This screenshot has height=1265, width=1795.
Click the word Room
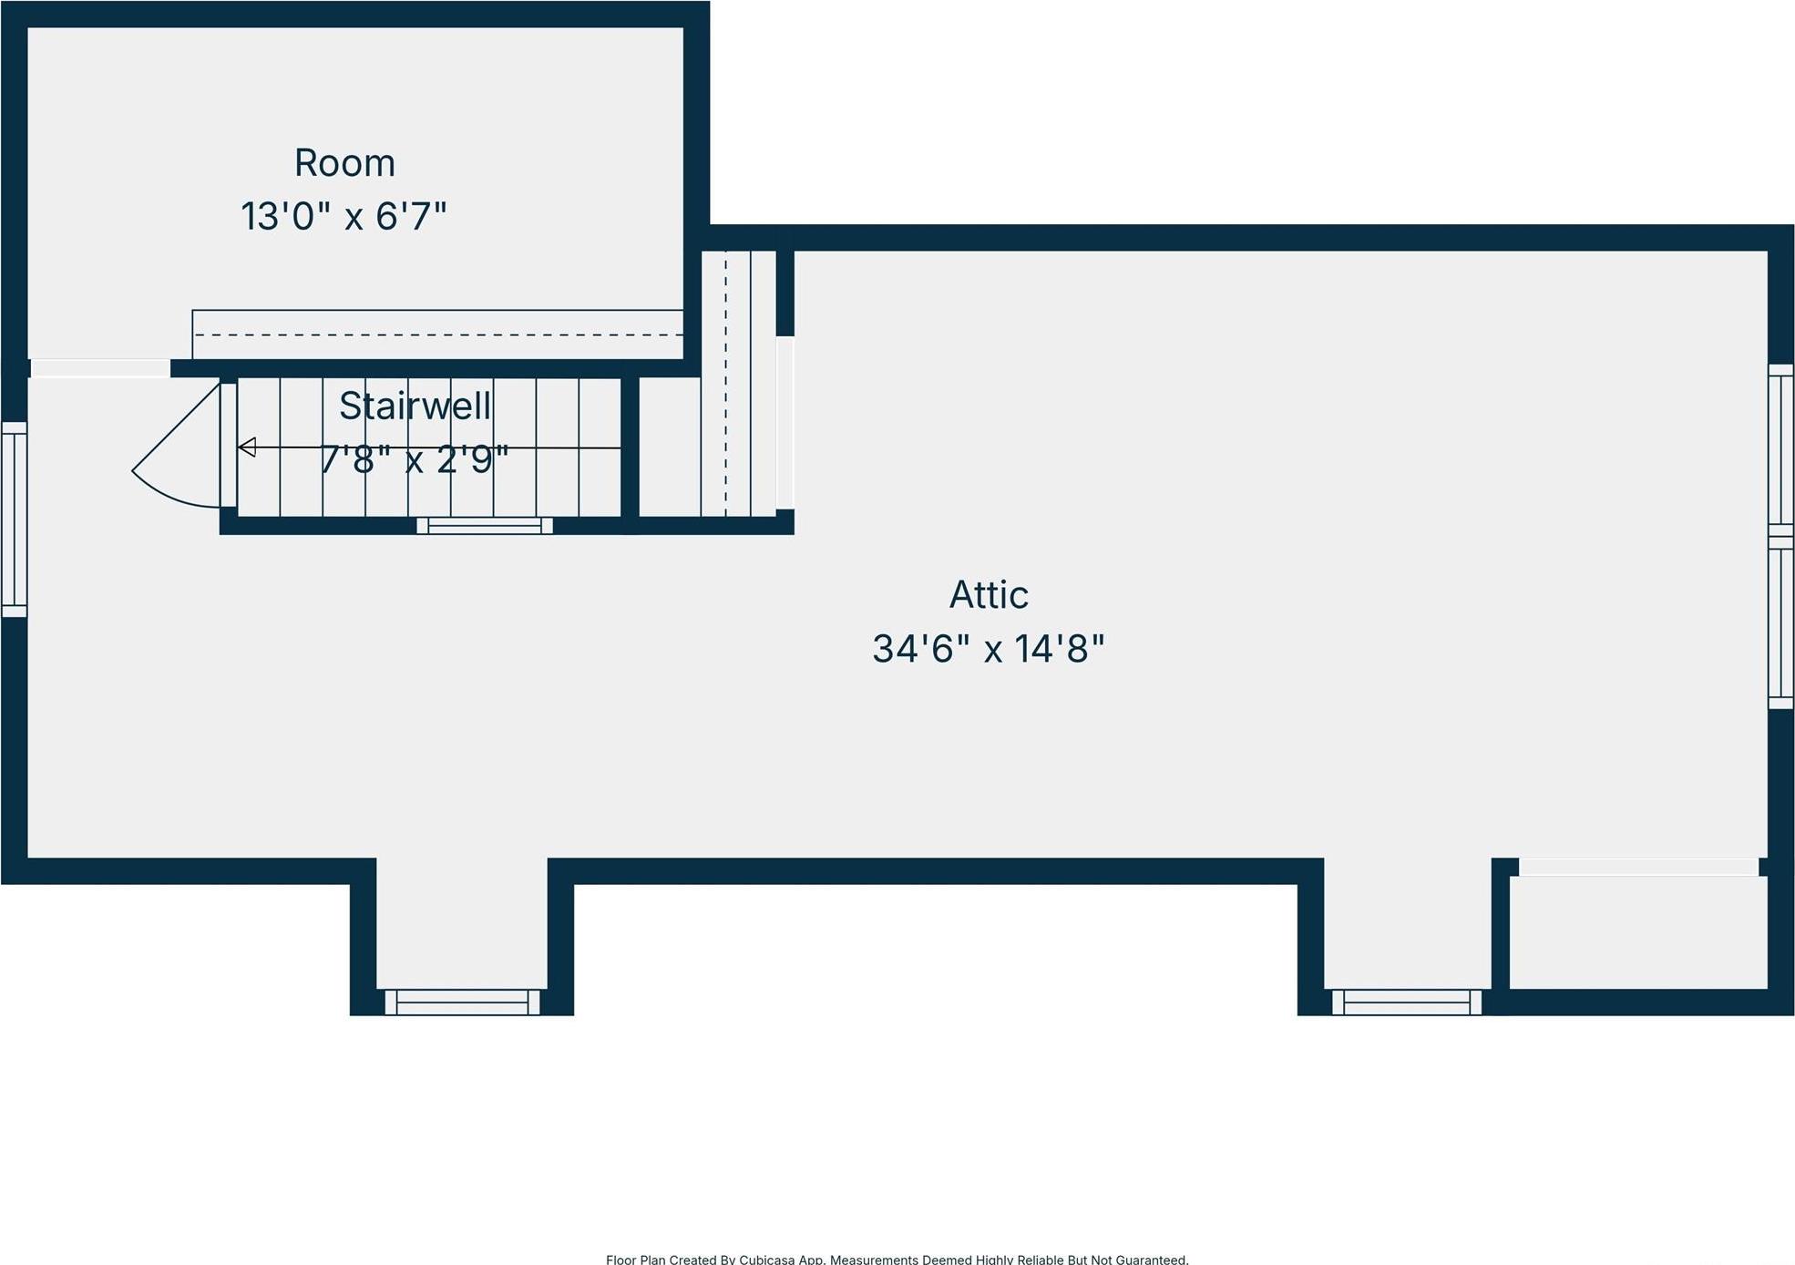(x=344, y=164)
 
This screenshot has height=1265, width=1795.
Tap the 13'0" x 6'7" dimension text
(x=344, y=217)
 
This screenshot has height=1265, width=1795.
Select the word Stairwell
(x=415, y=406)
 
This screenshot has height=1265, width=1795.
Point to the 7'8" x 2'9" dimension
(x=414, y=459)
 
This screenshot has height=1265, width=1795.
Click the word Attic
(x=989, y=595)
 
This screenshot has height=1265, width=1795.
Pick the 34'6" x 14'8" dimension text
(x=989, y=649)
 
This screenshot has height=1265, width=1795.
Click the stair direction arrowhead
(x=247, y=447)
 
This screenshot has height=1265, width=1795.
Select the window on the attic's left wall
(x=15, y=519)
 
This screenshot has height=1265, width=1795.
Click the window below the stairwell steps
(x=485, y=526)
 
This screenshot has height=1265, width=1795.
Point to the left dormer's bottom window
(x=462, y=1003)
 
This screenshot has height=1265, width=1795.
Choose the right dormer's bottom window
(x=1407, y=1003)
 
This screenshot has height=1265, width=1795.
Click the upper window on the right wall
(x=1780, y=448)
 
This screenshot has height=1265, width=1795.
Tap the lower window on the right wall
(x=1780, y=623)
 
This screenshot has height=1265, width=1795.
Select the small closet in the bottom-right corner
(x=1638, y=931)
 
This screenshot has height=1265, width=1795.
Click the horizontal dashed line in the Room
(x=437, y=335)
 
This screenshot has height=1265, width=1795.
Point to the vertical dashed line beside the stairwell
(x=726, y=383)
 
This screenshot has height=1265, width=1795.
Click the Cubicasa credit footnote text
(x=897, y=1259)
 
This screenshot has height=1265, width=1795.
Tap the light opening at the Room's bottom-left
(x=100, y=368)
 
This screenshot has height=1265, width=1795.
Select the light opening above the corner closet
(x=1638, y=867)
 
